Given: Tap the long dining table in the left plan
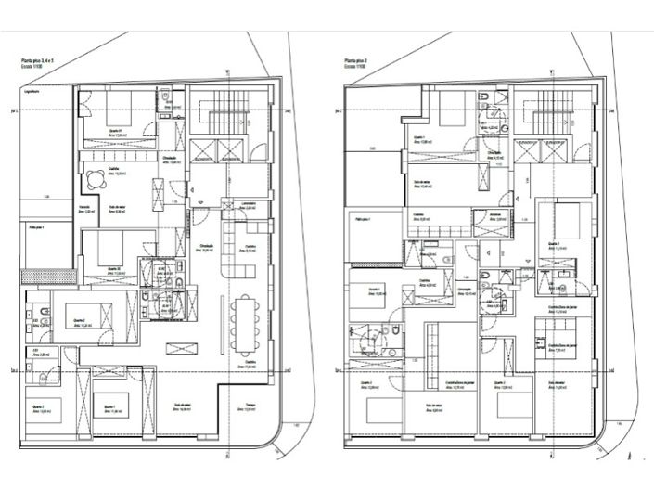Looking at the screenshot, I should click(244, 324).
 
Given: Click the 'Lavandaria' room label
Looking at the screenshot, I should click(247, 206).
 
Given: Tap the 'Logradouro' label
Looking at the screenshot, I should click(37, 90).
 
